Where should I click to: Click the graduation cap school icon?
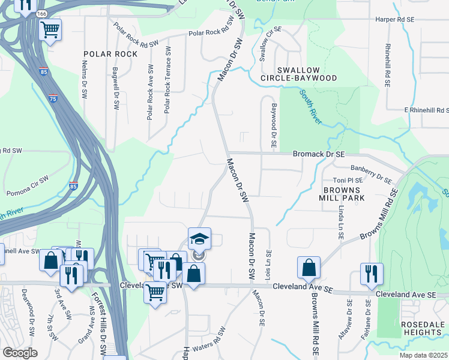(199, 238)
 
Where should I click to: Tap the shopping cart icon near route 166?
(50, 28)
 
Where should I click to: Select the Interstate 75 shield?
(53, 97)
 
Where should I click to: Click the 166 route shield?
(41, 13)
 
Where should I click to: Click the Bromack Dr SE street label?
(319, 154)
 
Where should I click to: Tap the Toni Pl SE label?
(348, 180)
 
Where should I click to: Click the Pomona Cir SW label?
(28, 187)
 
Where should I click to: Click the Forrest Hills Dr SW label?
(99, 319)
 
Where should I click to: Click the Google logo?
(20, 352)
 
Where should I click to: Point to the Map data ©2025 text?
(423, 355)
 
